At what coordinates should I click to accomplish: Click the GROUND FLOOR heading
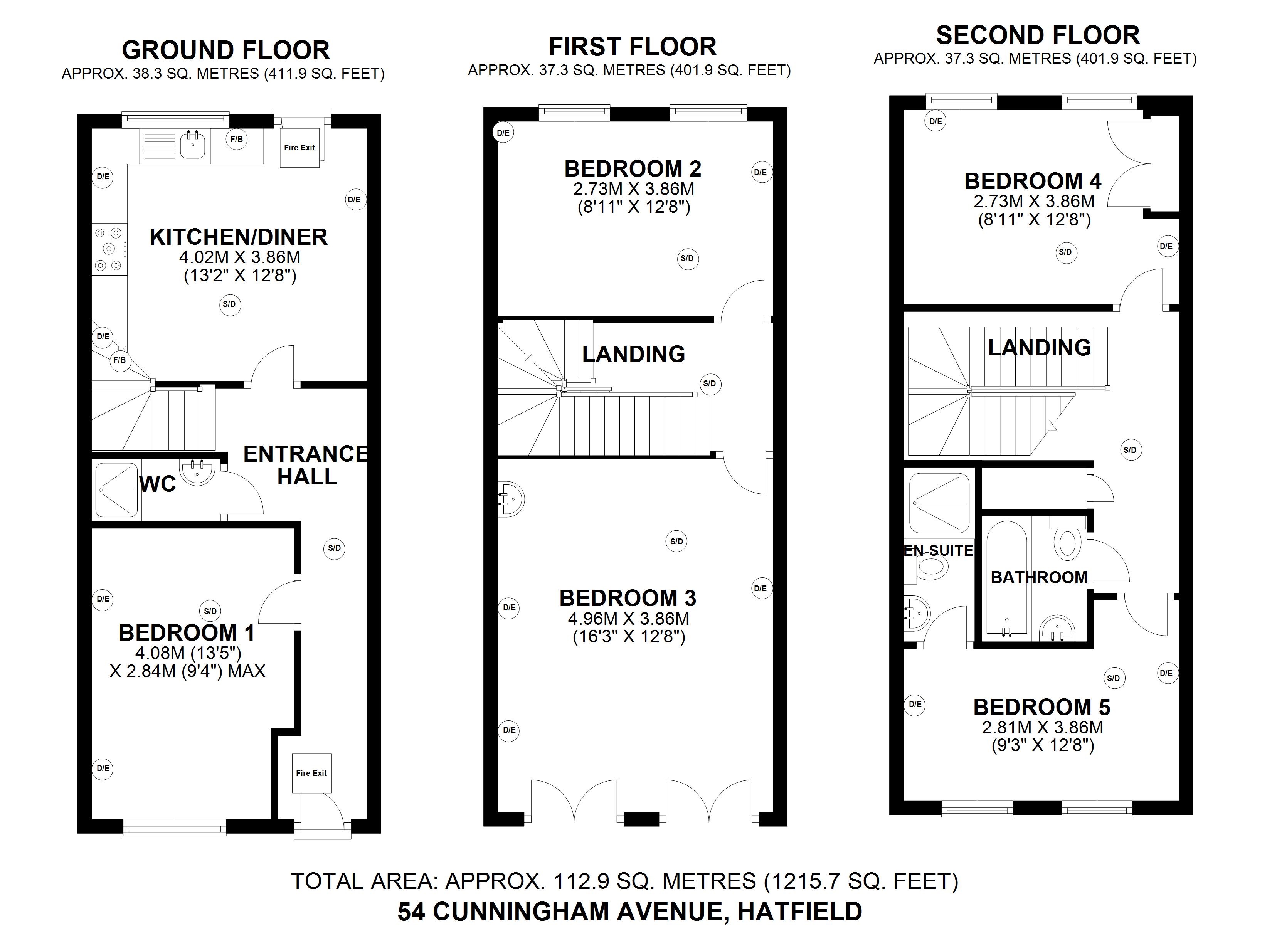pyautogui.click(x=225, y=50)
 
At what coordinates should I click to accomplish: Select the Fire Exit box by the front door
pyautogui.click(x=311, y=773)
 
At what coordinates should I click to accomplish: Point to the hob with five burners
pyautogui.click(x=109, y=249)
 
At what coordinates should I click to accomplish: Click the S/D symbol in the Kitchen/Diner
pyautogui.click(x=229, y=304)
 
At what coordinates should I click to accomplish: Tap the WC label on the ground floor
pyautogui.click(x=158, y=484)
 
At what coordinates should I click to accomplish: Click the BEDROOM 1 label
pyautogui.click(x=187, y=633)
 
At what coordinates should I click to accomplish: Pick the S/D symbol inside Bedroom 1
pyautogui.click(x=210, y=611)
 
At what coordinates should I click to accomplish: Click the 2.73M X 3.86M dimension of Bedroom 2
pyautogui.click(x=633, y=189)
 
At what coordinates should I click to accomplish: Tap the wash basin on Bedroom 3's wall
pyautogui.click(x=512, y=498)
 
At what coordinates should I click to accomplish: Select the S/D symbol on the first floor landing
pyautogui.click(x=710, y=384)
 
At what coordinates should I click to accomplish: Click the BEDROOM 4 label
pyautogui.click(x=1033, y=181)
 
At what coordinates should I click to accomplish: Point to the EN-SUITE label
pyautogui.click(x=938, y=551)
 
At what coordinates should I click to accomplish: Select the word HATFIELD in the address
pyautogui.click(x=800, y=912)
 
